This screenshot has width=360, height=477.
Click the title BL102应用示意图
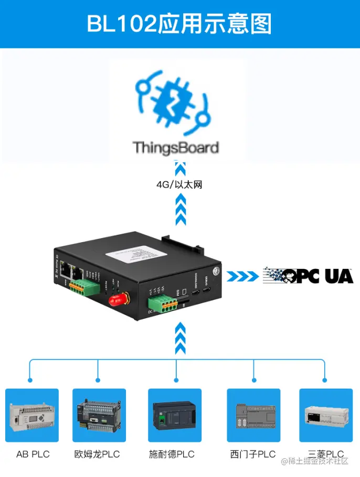click(179, 24)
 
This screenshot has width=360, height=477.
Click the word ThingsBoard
click(176, 147)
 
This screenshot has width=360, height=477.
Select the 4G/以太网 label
click(179, 185)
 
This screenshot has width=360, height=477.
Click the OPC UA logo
click(308, 276)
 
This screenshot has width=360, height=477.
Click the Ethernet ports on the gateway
click(70, 272)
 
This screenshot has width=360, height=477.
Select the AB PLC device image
click(33, 416)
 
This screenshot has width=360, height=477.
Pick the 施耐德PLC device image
click(175, 416)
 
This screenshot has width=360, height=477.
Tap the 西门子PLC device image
click(253, 416)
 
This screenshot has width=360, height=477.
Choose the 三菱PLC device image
click(325, 416)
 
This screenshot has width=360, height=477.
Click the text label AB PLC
click(33, 454)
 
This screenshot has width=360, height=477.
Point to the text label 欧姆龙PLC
click(97, 454)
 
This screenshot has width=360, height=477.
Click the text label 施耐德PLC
click(172, 454)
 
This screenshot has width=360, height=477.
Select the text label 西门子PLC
click(253, 454)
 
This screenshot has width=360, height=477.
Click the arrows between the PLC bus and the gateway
click(180, 339)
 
